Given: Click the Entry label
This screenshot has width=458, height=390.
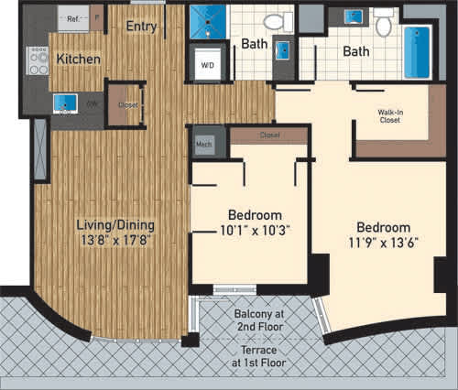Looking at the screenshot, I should click(x=142, y=26).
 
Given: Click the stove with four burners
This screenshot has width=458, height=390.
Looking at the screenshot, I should click(x=38, y=61).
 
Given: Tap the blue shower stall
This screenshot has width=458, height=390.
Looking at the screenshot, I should click(x=206, y=22).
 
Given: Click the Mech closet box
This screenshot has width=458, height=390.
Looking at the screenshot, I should click(x=203, y=142).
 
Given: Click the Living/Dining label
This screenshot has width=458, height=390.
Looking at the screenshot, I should click(x=115, y=224).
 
